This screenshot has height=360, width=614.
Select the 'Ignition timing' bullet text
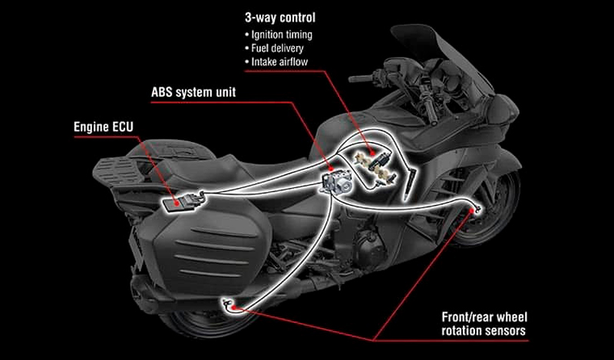pyautogui.click(x=282, y=35)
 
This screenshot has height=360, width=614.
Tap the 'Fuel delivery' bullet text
pyautogui.click(x=277, y=48)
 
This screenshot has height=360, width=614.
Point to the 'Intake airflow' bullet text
pyautogui.click(x=279, y=61)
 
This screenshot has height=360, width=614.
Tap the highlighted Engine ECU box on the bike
pyautogui.click(x=183, y=203)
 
